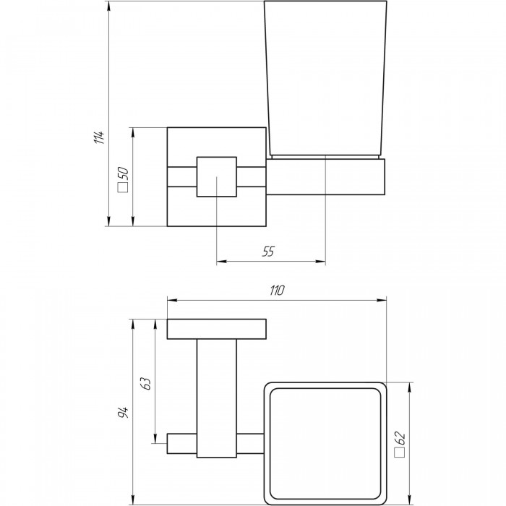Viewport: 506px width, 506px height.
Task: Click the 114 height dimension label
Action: tap(100, 137)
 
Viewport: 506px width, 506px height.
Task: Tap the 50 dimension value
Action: tap(124, 173)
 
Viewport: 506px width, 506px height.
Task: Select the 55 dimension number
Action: tap(268, 252)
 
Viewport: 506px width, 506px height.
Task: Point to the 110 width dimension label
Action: tap(277, 290)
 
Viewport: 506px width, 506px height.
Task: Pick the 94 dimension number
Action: tap(123, 412)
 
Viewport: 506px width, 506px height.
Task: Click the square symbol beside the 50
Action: tap(124, 188)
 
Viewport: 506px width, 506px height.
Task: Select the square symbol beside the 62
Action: tap(400, 452)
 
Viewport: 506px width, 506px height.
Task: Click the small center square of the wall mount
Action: tap(217, 176)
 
